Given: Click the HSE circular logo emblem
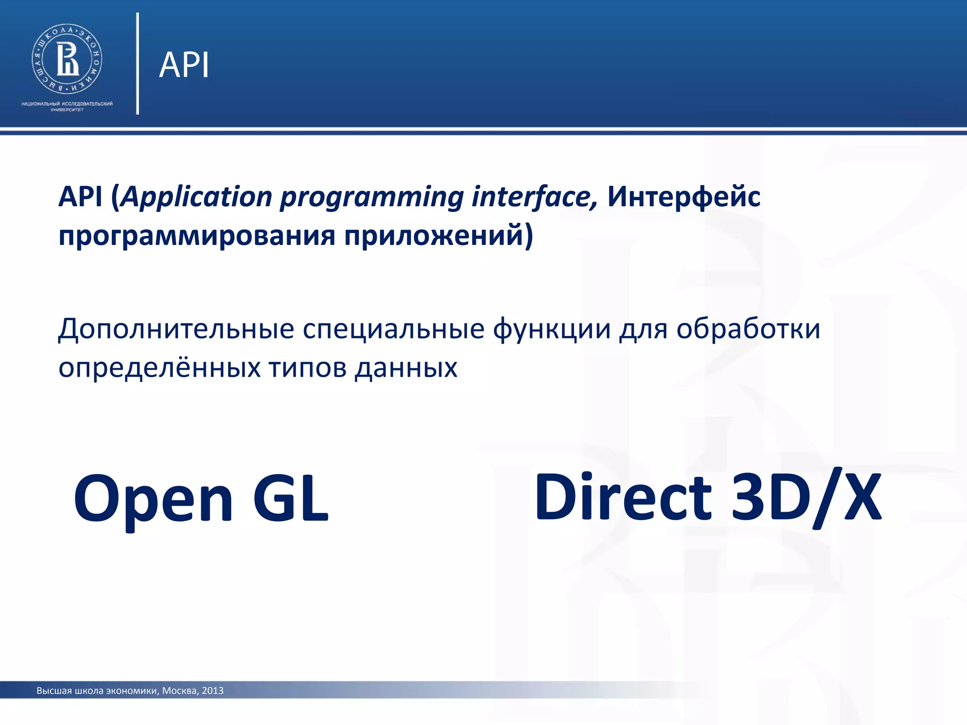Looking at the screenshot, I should (x=67, y=59).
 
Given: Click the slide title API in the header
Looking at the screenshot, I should (x=184, y=65).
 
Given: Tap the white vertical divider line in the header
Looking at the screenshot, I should (x=137, y=64).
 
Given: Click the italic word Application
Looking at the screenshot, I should (x=196, y=197).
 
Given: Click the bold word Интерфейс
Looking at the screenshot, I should (x=683, y=197).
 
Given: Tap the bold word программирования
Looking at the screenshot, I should (x=197, y=236).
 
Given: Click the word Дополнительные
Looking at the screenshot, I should (x=176, y=329).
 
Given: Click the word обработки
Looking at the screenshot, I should (x=748, y=329).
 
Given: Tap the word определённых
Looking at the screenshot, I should (x=159, y=368).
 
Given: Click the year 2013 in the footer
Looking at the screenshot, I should (x=212, y=691).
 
